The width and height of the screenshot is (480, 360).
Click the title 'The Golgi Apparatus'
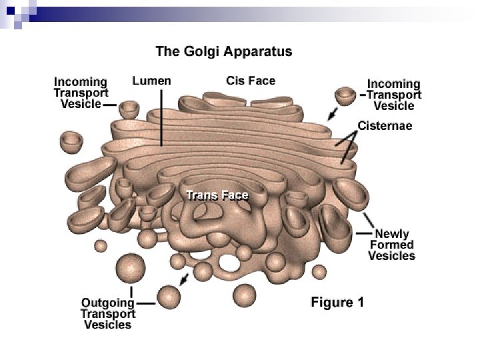[223, 51]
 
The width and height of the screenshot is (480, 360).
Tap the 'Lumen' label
[151, 81]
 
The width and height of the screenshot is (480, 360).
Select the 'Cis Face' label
[251, 81]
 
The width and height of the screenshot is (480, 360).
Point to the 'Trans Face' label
[217, 195]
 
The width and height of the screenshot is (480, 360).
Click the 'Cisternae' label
[385, 125]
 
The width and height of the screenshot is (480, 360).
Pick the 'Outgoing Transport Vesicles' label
[107, 313]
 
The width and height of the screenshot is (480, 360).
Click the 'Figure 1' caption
[337, 302]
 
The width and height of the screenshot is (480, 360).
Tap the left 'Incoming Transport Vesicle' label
[81, 93]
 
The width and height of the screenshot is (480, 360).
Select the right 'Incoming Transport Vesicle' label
[394, 95]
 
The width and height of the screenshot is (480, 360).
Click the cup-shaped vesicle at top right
[345, 95]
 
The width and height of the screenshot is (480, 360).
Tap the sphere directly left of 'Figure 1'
[244, 294]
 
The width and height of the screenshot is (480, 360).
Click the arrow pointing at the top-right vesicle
[331, 115]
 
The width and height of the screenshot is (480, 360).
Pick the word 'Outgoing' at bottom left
[107, 302]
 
